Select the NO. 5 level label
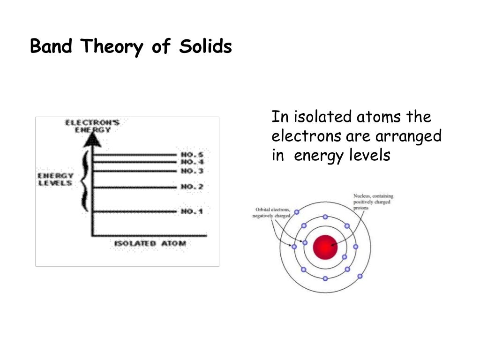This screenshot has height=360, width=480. pos(192,154)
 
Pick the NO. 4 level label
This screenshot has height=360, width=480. pos(192,162)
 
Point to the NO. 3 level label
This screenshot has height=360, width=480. pos(192,171)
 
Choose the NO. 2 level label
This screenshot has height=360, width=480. pos(192,187)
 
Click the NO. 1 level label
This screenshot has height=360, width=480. pos(192,211)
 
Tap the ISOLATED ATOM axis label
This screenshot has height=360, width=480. pos(150,243)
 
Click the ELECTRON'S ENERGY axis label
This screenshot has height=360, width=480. pos(92,126)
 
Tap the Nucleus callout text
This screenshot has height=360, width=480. pos(373,202)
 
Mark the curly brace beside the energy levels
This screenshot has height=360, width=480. pos(84,180)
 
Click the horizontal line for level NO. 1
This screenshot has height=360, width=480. pos(136,212)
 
